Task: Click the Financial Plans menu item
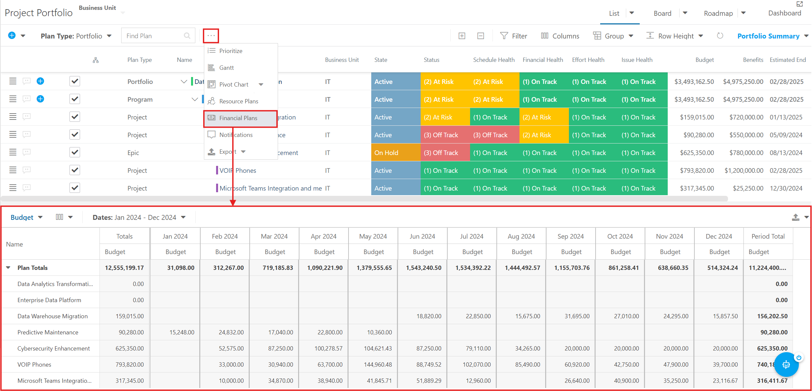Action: [x=238, y=118]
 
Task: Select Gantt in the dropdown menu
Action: [x=227, y=68]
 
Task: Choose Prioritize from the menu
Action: [x=231, y=51]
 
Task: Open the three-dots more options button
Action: [x=211, y=36]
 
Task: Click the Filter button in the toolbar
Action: [x=514, y=36]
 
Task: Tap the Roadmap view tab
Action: [x=718, y=13]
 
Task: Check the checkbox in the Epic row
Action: [x=75, y=152]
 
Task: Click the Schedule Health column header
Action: [x=494, y=60]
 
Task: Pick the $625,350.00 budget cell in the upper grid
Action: [x=697, y=153]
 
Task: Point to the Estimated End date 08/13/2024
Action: [x=786, y=153]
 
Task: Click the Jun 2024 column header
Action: [x=422, y=236]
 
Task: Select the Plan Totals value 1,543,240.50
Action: [x=424, y=268]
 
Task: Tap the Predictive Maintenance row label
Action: [x=48, y=332]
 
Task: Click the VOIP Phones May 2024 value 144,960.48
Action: [x=378, y=365]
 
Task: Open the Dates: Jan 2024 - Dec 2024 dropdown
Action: [x=139, y=218]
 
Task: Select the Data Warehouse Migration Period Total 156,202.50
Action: [x=772, y=316]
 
